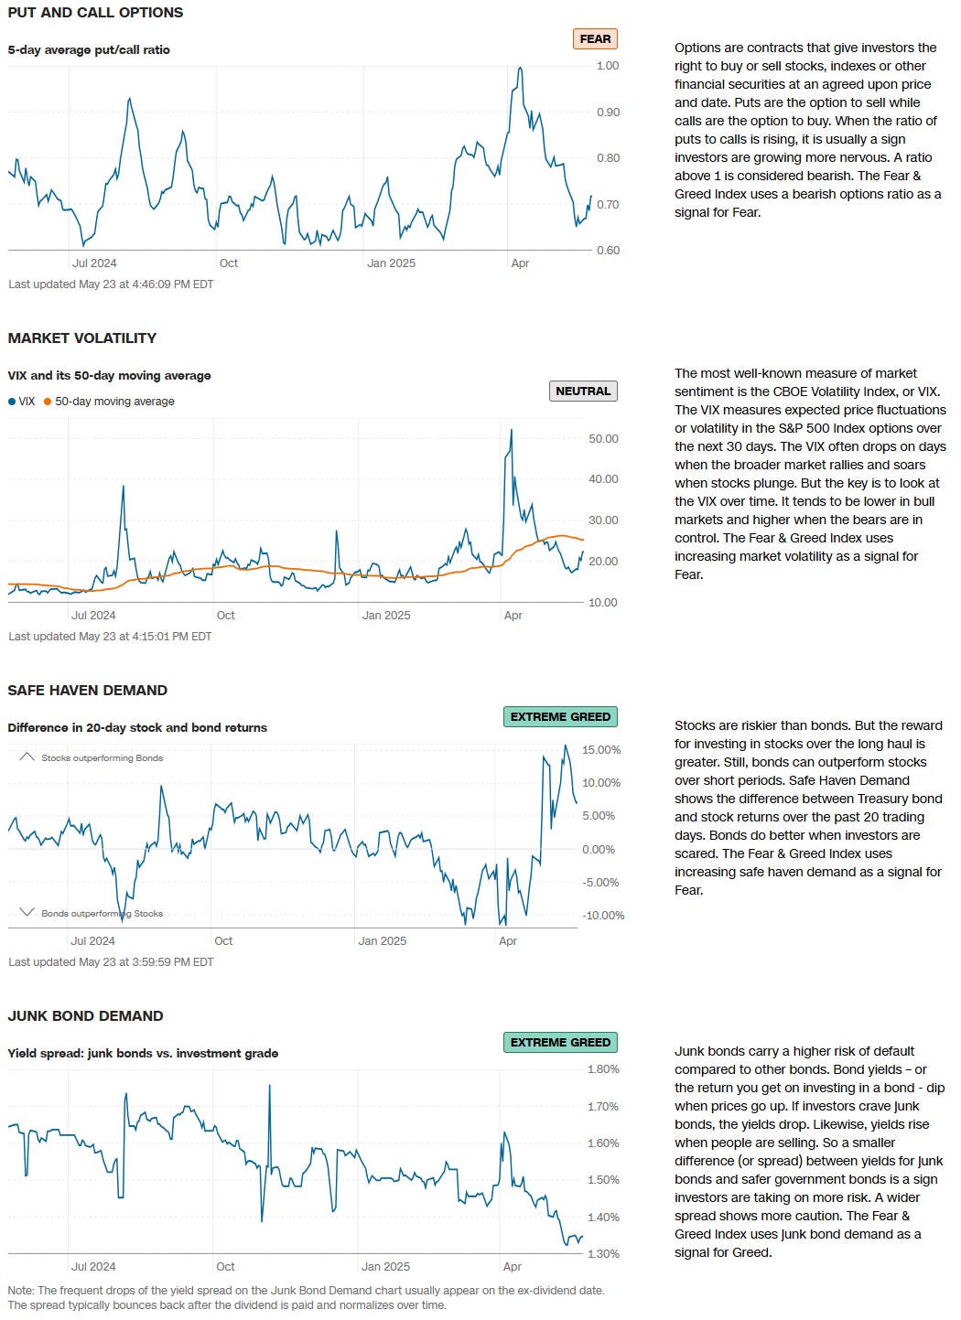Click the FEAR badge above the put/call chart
tap(595, 39)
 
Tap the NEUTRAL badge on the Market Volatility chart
tap(583, 391)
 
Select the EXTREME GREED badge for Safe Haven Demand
tap(560, 717)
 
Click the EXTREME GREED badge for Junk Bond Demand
tap(560, 1043)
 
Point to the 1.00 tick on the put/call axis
tap(608, 66)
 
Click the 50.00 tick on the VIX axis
tap(603, 439)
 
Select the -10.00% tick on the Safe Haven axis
tap(603, 916)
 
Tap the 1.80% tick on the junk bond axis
tap(603, 1069)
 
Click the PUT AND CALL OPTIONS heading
tap(95, 13)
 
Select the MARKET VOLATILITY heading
tap(82, 338)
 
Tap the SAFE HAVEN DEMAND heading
tap(88, 691)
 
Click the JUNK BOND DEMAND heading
tap(85, 1016)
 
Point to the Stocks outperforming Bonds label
tap(102, 758)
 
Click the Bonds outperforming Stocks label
tap(102, 914)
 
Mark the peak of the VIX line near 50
tap(511, 430)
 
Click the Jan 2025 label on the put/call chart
tap(391, 263)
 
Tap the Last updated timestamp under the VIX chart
tap(110, 637)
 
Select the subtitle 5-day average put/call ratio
tap(89, 50)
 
